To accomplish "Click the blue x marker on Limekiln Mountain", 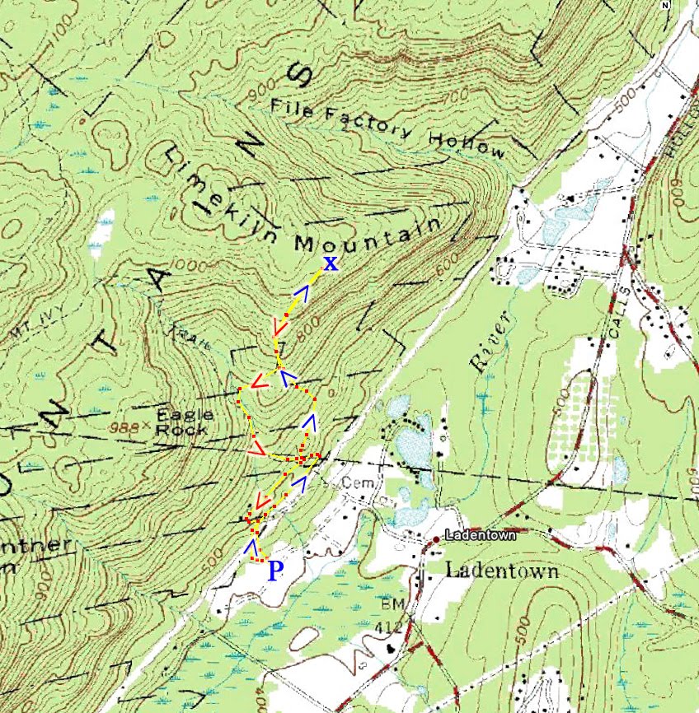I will (330, 263).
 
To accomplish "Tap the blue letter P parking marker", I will (276, 571).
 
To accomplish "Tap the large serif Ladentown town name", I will (502, 571).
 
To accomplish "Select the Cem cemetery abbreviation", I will (352, 481).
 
